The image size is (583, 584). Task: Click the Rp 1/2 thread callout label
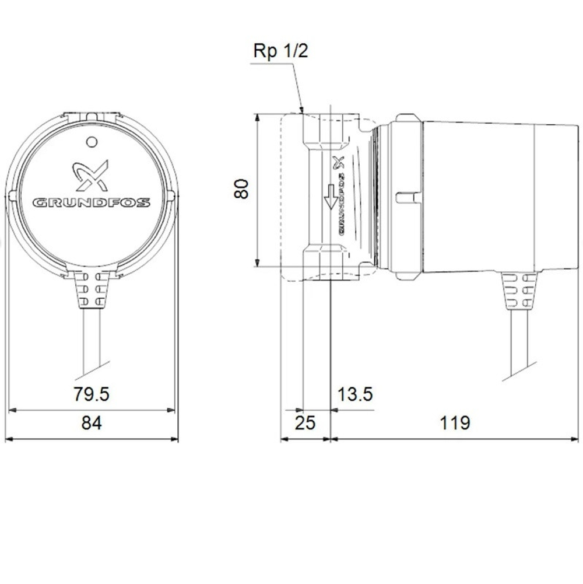tap(280, 51)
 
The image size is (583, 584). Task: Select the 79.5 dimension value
tap(92, 394)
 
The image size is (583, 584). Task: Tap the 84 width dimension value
tap(92, 423)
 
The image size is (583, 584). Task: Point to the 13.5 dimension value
tap(354, 394)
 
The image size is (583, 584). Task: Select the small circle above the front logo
tap(91, 142)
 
